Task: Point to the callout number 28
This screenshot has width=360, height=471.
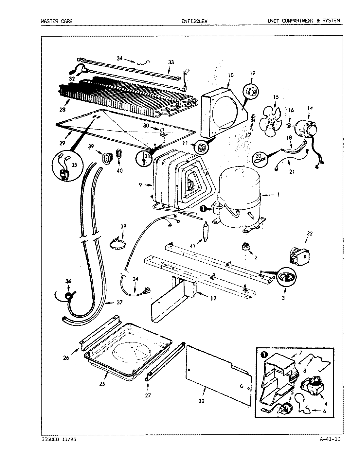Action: [x=62, y=110]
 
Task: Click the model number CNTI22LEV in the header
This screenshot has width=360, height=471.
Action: [x=194, y=21]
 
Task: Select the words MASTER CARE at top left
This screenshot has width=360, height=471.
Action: [x=57, y=21]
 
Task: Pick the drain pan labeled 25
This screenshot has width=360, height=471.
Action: [x=128, y=353]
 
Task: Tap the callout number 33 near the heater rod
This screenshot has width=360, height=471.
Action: [x=171, y=62]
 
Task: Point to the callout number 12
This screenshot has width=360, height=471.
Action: [x=213, y=298]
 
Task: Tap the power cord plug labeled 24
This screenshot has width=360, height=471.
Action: [x=146, y=290]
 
